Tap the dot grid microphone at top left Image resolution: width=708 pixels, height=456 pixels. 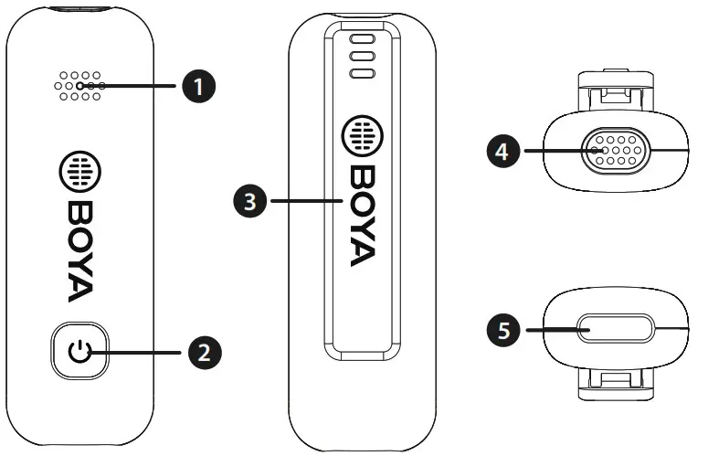pyautogui.click(x=80, y=86)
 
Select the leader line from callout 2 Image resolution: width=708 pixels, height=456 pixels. pyautogui.click(x=142, y=351)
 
